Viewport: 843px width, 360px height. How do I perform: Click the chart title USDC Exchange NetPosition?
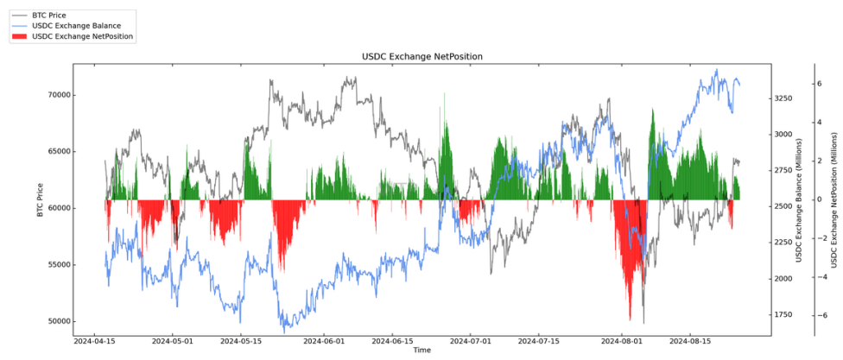[421, 56]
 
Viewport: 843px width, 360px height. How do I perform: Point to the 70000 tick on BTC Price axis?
[58, 95]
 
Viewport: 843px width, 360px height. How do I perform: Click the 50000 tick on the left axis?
[58, 321]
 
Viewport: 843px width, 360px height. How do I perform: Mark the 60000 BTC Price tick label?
[58, 208]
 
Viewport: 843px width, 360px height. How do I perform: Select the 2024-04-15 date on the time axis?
[95, 341]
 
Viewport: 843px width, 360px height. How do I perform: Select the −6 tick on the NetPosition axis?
[817, 316]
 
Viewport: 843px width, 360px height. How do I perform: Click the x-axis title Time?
[421, 351]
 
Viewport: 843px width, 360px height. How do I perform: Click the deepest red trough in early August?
[631, 319]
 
